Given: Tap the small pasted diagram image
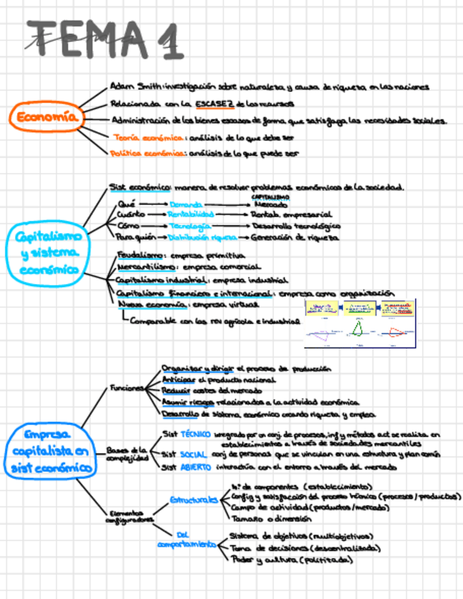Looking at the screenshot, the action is [x=359, y=324].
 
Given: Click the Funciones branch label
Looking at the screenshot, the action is [x=125, y=388].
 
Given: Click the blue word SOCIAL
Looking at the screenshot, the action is [x=193, y=454].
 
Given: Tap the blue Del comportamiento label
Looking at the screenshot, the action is [x=186, y=539].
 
